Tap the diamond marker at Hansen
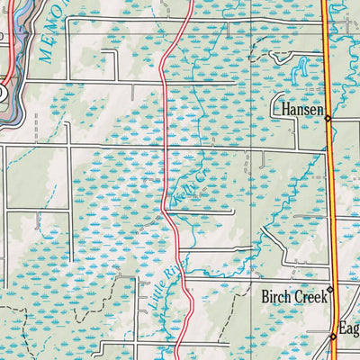coord(328,118)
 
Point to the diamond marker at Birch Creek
coord(330,290)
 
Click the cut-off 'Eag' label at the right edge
coord(348,328)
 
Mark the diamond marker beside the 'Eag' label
coord(333,337)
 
